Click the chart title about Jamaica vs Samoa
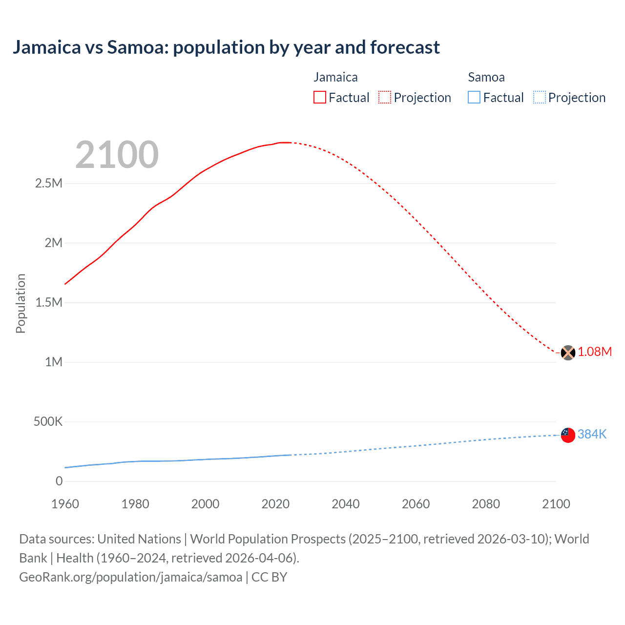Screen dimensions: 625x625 [x=226, y=47]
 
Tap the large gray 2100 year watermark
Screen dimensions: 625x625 [x=117, y=155]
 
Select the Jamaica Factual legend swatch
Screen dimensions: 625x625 [x=319, y=98]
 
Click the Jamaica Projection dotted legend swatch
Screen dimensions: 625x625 [x=384, y=98]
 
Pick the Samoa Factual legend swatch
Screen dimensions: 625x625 [x=474, y=98]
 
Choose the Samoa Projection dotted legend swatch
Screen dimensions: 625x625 [x=539, y=98]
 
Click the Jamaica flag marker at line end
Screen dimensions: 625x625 [x=568, y=353]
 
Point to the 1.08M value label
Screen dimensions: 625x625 [x=595, y=352]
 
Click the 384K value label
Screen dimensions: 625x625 [x=592, y=434]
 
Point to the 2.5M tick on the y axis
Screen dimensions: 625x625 [x=49, y=184]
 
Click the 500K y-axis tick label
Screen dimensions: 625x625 [x=48, y=422]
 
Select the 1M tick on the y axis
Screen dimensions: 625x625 [x=54, y=362]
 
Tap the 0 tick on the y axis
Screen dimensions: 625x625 [x=59, y=481]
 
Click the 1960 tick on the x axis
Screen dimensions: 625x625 [x=65, y=504]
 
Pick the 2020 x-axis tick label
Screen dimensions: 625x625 [x=275, y=504]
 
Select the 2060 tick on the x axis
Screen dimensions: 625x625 [x=416, y=504]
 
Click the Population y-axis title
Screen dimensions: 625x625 [x=21, y=303]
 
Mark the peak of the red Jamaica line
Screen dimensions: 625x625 [x=285, y=143]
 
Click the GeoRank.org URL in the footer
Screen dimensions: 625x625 [x=130, y=577]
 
